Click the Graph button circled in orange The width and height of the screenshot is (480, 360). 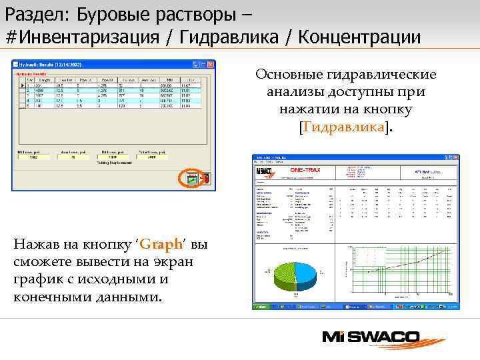[x=191, y=179]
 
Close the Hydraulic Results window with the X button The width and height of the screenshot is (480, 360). [x=211, y=64]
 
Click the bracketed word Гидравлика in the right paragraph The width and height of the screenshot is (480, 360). [x=345, y=125]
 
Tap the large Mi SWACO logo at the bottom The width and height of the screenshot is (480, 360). [x=373, y=337]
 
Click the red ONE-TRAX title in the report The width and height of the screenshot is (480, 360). [x=305, y=170]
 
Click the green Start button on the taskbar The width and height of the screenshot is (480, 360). [x=259, y=307]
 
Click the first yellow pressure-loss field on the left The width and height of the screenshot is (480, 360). [x=33, y=158]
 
